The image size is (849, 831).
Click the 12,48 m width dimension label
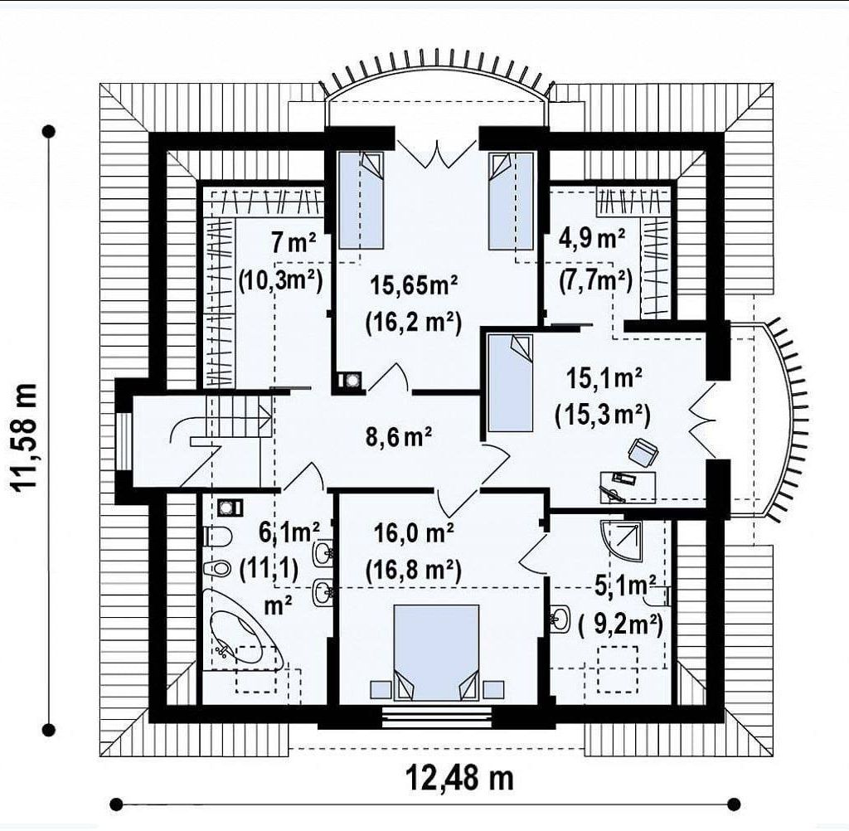point(459,779)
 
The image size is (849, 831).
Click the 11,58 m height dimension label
point(25,437)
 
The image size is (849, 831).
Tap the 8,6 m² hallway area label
point(399,436)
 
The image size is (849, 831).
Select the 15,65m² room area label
point(415,285)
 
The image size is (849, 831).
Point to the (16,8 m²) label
point(414,570)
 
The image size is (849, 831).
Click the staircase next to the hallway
point(238,416)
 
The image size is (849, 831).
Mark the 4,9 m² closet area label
point(592,239)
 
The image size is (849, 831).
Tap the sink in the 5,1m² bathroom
point(560,619)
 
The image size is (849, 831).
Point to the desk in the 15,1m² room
point(628,487)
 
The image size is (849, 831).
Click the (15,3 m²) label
point(602,415)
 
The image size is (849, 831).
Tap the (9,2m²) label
point(620,625)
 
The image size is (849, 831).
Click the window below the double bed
point(437,718)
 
